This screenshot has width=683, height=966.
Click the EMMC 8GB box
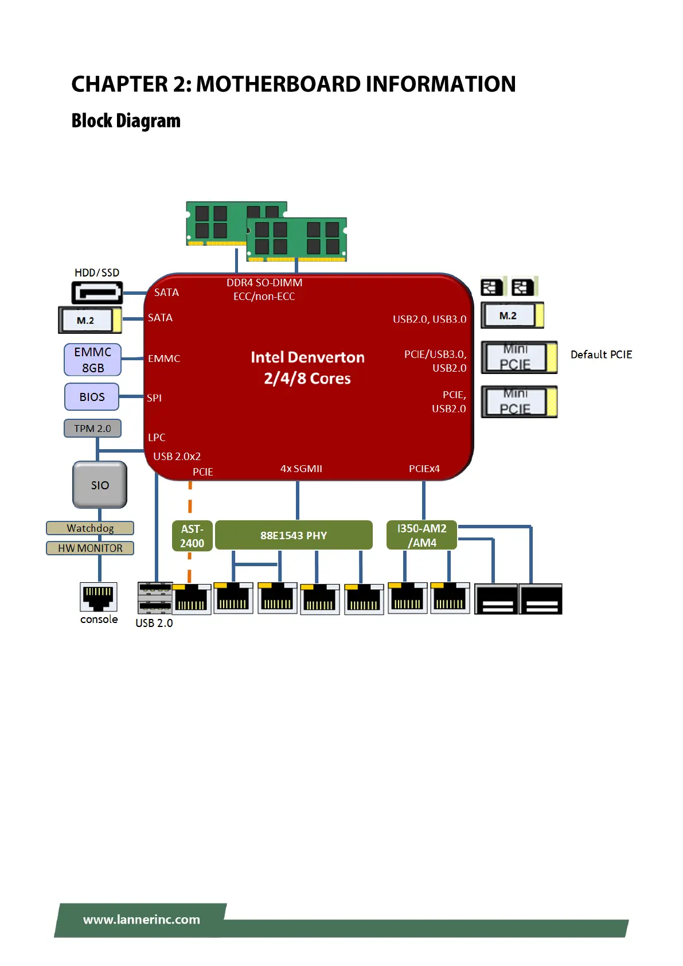(x=92, y=360)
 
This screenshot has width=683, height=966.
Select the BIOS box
(x=92, y=397)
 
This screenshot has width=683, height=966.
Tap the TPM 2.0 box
(x=92, y=429)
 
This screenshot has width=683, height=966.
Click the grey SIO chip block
(x=100, y=485)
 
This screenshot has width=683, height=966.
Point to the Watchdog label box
(x=90, y=528)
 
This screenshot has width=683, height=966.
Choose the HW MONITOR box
(x=90, y=548)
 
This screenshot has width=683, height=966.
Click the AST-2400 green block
(x=192, y=536)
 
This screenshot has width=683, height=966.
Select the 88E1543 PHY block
(x=294, y=535)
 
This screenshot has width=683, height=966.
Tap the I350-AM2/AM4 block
(x=421, y=535)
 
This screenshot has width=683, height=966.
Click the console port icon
(x=99, y=597)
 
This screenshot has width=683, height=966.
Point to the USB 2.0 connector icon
(x=155, y=598)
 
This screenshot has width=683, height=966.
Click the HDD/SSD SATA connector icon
(x=97, y=293)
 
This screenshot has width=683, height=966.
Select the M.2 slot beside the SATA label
(x=90, y=320)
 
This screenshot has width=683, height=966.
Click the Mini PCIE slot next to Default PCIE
(x=519, y=357)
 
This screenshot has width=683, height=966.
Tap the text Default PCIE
(x=601, y=355)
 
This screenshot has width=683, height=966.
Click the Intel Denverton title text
(x=307, y=357)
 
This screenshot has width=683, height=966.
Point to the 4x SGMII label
(x=301, y=469)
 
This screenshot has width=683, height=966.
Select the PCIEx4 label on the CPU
(x=424, y=469)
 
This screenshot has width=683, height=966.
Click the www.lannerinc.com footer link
(x=142, y=920)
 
